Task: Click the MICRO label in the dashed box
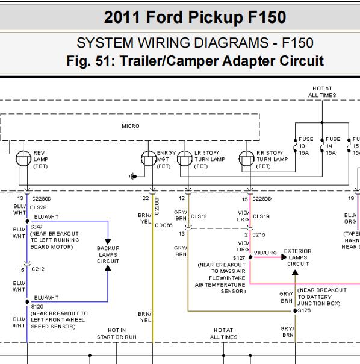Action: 131,126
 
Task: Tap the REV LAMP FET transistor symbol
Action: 23,158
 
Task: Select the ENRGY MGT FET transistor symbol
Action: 149,158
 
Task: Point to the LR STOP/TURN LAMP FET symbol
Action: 185,158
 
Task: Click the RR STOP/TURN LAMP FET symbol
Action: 246,158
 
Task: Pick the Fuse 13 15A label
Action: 306,146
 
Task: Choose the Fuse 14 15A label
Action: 333,146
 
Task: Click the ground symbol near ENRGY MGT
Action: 133,177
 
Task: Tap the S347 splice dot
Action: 27,221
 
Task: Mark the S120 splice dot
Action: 27,301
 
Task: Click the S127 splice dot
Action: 250,257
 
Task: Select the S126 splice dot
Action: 295,310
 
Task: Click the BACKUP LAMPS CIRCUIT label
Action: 108,255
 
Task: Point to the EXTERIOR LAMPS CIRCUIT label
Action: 298,257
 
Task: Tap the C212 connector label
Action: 38,269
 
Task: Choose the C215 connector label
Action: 259,234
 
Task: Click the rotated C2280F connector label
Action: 157,206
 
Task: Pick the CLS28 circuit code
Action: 38,207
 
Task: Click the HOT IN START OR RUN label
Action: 117,334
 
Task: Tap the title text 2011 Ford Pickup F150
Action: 195,17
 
